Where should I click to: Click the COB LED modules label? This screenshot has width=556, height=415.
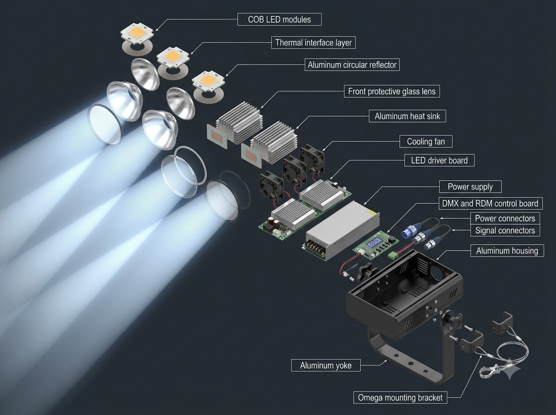click(x=279, y=19)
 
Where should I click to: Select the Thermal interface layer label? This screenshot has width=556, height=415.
click(x=313, y=43)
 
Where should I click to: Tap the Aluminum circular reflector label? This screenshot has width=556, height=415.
click(x=352, y=65)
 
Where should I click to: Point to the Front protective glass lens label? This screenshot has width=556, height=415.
click(x=392, y=91)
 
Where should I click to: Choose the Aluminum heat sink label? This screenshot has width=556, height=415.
click(x=407, y=116)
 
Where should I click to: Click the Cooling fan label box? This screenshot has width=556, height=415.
click(x=426, y=141)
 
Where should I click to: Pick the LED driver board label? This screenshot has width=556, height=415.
click(x=439, y=160)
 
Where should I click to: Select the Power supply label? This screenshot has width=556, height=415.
click(x=470, y=187)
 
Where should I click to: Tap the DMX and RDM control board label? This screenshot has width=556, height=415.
click(x=490, y=203)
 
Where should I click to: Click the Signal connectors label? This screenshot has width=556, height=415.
click(x=505, y=230)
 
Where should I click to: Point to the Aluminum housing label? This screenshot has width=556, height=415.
click(x=507, y=251)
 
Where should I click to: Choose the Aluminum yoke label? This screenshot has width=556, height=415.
click(x=326, y=365)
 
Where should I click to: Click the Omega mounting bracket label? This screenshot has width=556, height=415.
click(x=400, y=397)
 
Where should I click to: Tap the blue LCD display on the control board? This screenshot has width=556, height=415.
click(x=373, y=244)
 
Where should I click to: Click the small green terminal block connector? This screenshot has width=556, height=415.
click(x=392, y=255)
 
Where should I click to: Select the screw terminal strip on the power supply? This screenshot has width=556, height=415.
click(x=316, y=246)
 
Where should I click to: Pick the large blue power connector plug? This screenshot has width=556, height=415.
click(x=408, y=232)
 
